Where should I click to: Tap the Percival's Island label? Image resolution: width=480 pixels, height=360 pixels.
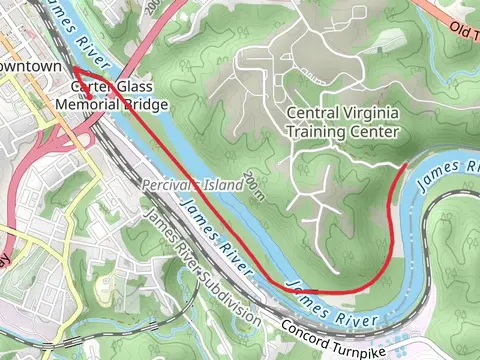click(x=192, y=186)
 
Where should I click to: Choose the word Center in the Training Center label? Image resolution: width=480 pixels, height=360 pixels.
click(x=374, y=131)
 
